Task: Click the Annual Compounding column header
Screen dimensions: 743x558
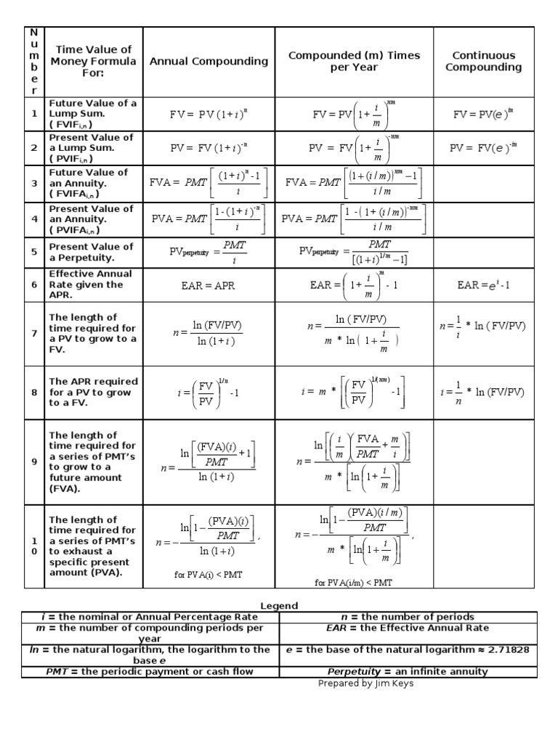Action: click(x=209, y=62)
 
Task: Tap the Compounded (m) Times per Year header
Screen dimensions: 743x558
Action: click(x=354, y=62)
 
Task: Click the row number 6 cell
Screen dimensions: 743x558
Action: click(x=33, y=285)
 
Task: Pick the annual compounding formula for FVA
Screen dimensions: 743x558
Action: click(x=209, y=184)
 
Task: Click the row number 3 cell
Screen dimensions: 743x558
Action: click(x=33, y=184)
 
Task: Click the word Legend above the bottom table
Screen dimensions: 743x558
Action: click(x=279, y=606)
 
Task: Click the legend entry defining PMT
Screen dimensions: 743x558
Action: click(x=150, y=672)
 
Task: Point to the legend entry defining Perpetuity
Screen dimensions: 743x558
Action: click(x=408, y=672)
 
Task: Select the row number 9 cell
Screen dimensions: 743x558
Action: click(x=33, y=461)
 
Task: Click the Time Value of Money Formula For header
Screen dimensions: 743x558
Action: click(x=93, y=62)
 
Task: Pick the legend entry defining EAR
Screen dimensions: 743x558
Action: click(x=408, y=628)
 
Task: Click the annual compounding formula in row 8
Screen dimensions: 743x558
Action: click(x=209, y=393)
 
